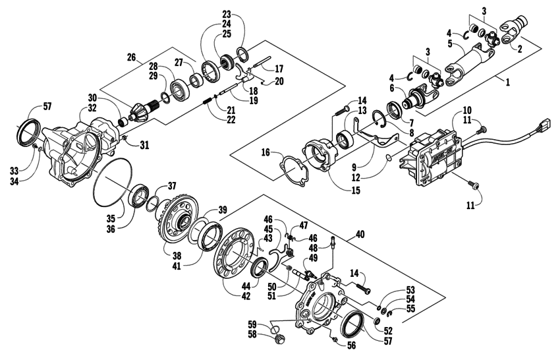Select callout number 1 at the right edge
click(x=544, y=84)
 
